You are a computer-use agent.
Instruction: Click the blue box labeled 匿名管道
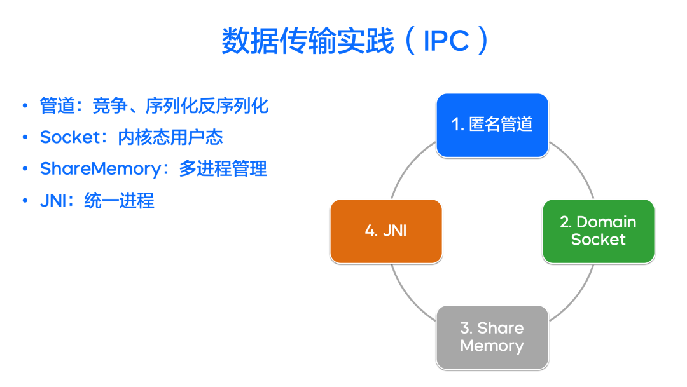click(x=492, y=125)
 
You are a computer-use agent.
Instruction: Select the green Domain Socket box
click(x=599, y=231)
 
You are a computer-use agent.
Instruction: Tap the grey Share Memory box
click(x=492, y=337)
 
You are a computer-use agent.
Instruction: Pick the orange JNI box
click(x=386, y=231)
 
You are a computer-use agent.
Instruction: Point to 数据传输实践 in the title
click(x=308, y=41)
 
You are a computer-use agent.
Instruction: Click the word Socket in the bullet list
click(x=70, y=137)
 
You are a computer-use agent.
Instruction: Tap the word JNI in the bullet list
click(x=53, y=201)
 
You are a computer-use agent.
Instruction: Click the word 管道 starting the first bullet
click(x=57, y=106)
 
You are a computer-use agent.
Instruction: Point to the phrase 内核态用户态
click(x=170, y=137)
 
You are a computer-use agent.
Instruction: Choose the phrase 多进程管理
click(x=223, y=169)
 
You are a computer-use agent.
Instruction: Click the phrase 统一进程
click(x=119, y=201)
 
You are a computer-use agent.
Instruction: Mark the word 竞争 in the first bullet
click(x=110, y=106)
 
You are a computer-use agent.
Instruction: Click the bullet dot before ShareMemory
click(x=25, y=169)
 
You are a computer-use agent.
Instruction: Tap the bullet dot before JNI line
click(x=25, y=201)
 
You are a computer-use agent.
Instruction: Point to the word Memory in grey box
click(x=492, y=346)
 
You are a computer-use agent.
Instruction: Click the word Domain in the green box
click(x=606, y=222)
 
